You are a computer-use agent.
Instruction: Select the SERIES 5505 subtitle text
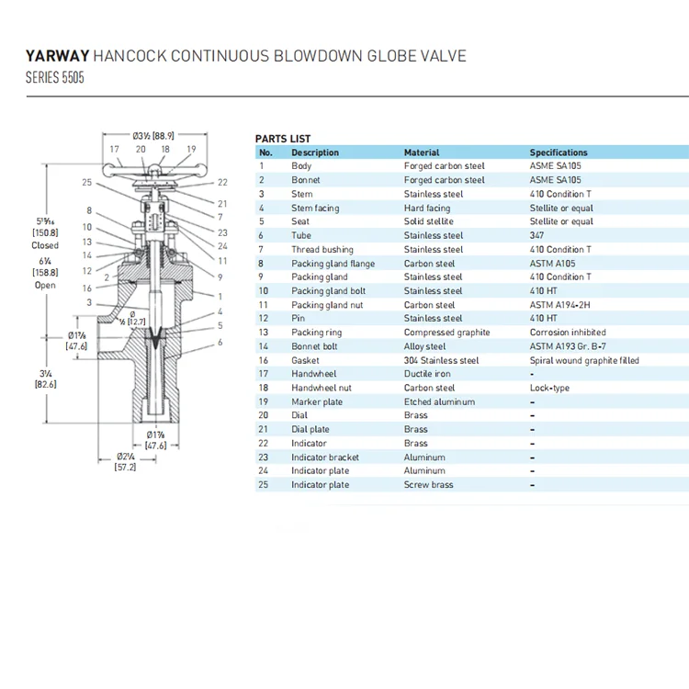(x=55, y=78)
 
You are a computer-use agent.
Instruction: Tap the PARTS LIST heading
(x=283, y=139)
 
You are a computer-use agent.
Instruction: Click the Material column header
(x=422, y=152)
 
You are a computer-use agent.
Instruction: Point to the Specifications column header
(x=559, y=152)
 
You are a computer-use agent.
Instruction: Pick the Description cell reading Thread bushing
(x=322, y=249)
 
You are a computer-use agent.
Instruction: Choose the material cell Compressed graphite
(x=447, y=333)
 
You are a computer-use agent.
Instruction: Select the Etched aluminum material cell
(x=440, y=401)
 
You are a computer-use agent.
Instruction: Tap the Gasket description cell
(x=306, y=360)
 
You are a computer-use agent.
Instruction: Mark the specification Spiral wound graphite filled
(x=584, y=360)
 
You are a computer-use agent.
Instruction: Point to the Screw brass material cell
(x=429, y=485)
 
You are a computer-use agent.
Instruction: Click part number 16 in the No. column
(x=264, y=360)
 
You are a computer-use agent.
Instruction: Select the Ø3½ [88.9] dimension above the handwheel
(x=153, y=135)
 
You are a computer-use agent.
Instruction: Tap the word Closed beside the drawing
(x=45, y=245)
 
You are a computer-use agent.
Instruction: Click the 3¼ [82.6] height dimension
(x=44, y=379)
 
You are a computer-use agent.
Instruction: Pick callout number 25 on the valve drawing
(x=86, y=183)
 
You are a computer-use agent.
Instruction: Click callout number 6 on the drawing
(x=220, y=342)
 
